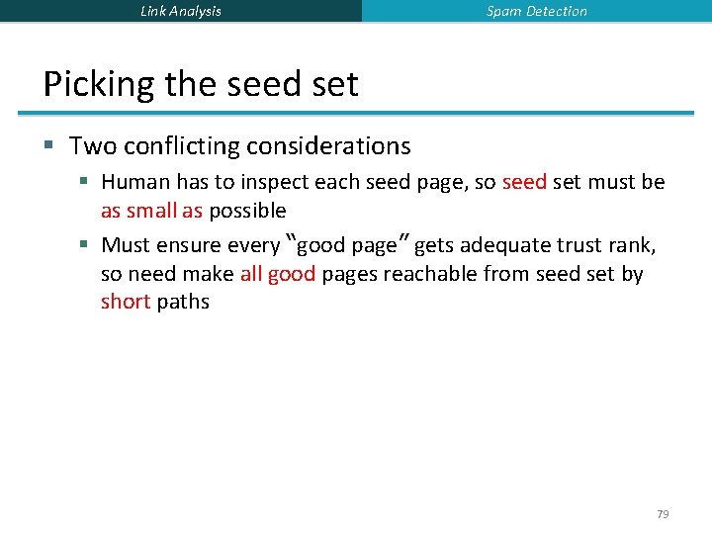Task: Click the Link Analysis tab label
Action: tap(181, 11)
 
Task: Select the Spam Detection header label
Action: tap(537, 11)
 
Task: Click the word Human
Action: tap(135, 182)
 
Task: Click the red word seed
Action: tap(524, 182)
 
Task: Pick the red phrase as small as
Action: tap(151, 211)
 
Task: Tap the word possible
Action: tap(247, 211)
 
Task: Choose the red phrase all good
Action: tap(277, 274)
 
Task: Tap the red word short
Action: tap(125, 302)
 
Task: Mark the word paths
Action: tap(183, 302)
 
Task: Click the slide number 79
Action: tap(663, 514)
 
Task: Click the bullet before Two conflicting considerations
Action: tap(48, 147)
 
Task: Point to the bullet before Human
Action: tap(85, 183)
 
